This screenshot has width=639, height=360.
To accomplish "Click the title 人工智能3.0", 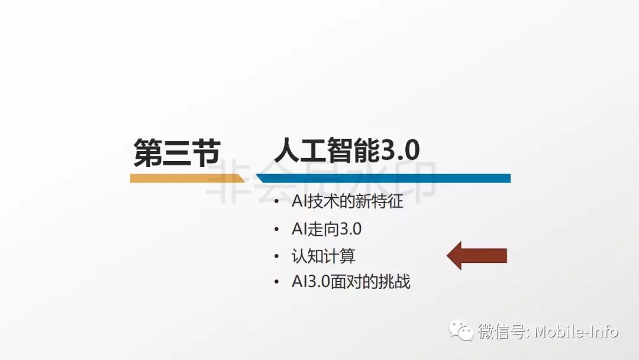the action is [x=347, y=150].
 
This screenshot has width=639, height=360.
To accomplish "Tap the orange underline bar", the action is [x=187, y=178].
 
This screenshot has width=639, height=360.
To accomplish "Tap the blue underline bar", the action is [x=383, y=178].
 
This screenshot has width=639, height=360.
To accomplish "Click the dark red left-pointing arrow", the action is [x=477, y=256].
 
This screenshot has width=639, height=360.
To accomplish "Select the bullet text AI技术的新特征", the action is [x=347, y=201].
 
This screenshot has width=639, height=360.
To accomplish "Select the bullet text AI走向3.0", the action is [x=327, y=229].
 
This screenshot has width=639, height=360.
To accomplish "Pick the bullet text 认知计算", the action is [x=324, y=256].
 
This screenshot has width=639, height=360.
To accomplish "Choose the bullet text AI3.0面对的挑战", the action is [x=351, y=282].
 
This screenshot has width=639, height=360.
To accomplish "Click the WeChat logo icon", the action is [x=461, y=330].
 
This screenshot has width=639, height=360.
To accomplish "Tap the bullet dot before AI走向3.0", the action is [x=277, y=230].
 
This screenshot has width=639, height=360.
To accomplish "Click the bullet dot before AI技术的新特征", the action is [x=277, y=201].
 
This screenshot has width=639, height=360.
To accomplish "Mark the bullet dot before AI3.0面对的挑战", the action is [x=277, y=282].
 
